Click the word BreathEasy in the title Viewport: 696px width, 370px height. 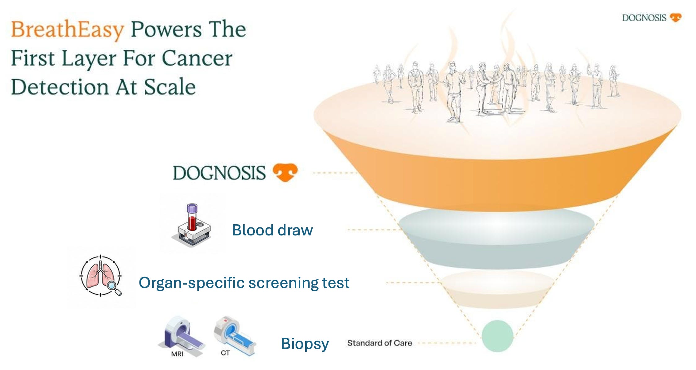(67, 30)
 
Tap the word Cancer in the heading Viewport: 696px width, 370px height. (197, 58)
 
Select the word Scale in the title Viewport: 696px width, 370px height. (170, 87)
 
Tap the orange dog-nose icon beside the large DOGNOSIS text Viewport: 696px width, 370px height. (285, 172)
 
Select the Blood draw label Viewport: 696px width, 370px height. (272, 230)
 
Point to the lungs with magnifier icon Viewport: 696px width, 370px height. (100, 275)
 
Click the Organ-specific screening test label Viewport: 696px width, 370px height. (244, 283)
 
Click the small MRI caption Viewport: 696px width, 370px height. (177, 354)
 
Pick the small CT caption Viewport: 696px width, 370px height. (225, 353)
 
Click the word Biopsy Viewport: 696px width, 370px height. (305, 344)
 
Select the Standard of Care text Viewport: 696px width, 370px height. (380, 343)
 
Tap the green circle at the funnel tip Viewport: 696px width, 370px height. (497, 336)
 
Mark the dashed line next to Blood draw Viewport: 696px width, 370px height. (373, 230)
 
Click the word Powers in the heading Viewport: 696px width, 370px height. (166, 30)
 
